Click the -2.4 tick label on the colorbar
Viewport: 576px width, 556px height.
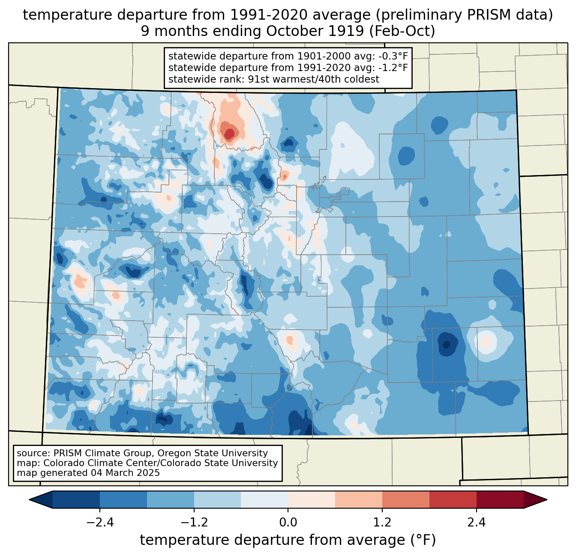pyautogui.click(x=100, y=523)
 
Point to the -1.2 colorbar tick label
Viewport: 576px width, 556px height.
pyautogui.click(x=194, y=523)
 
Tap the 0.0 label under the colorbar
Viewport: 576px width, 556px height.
pyautogui.click(x=288, y=523)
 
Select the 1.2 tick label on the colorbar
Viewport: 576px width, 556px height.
pyautogui.click(x=382, y=523)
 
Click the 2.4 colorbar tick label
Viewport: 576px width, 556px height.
pyautogui.click(x=477, y=523)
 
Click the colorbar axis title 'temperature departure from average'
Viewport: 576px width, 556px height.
pyautogui.click(x=272, y=541)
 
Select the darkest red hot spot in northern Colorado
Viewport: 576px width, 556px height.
pyautogui.click(x=229, y=134)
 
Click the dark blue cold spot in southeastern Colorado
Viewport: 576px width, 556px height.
pyautogui.click(x=446, y=345)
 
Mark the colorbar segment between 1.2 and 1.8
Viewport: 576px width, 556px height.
pyautogui.click(x=406, y=500)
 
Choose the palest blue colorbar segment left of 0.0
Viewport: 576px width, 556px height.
pyautogui.click(x=264, y=500)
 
